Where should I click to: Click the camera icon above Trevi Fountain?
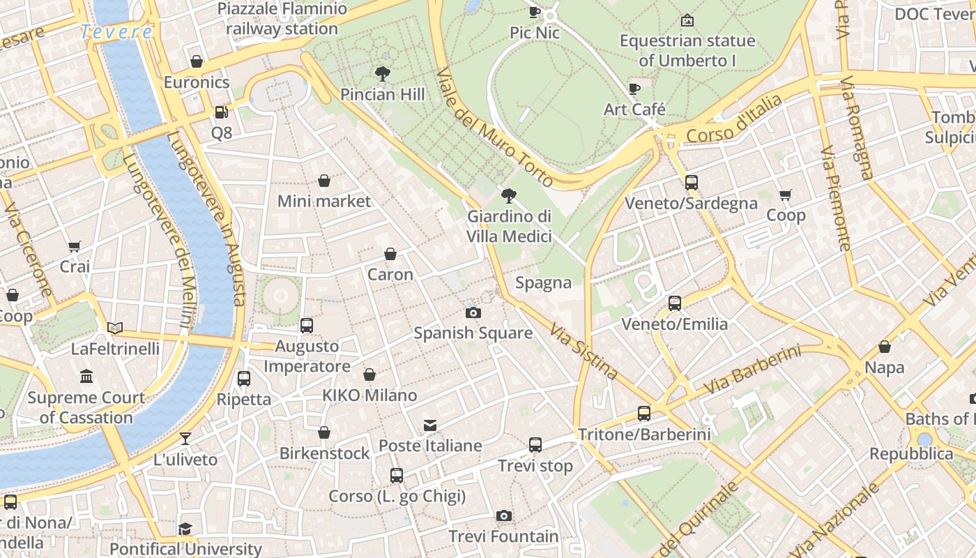click(504, 516)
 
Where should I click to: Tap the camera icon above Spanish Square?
click(473, 312)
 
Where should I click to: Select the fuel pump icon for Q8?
click(221, 112)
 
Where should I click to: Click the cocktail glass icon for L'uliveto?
click(185, 439)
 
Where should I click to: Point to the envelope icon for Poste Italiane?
click(430, 425)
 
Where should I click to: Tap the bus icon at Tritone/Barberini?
click(644, 414)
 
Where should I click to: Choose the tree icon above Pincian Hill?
click(382, 73)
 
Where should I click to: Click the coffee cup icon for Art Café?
click(634, 89)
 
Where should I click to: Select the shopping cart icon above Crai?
click(75, 246)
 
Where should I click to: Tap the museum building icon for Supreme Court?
click(86, 377)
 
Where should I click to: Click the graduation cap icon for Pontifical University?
click(185, 529)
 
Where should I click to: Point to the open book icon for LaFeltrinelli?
click(115, 328)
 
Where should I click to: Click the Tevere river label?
click(116, 32)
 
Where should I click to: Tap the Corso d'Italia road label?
click(734, 120)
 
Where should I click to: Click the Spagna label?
click(543, 282)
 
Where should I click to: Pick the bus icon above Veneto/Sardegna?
click(691, 183)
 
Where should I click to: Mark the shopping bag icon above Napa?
click(884, 347)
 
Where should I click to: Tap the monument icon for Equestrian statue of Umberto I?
click(687, 20)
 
